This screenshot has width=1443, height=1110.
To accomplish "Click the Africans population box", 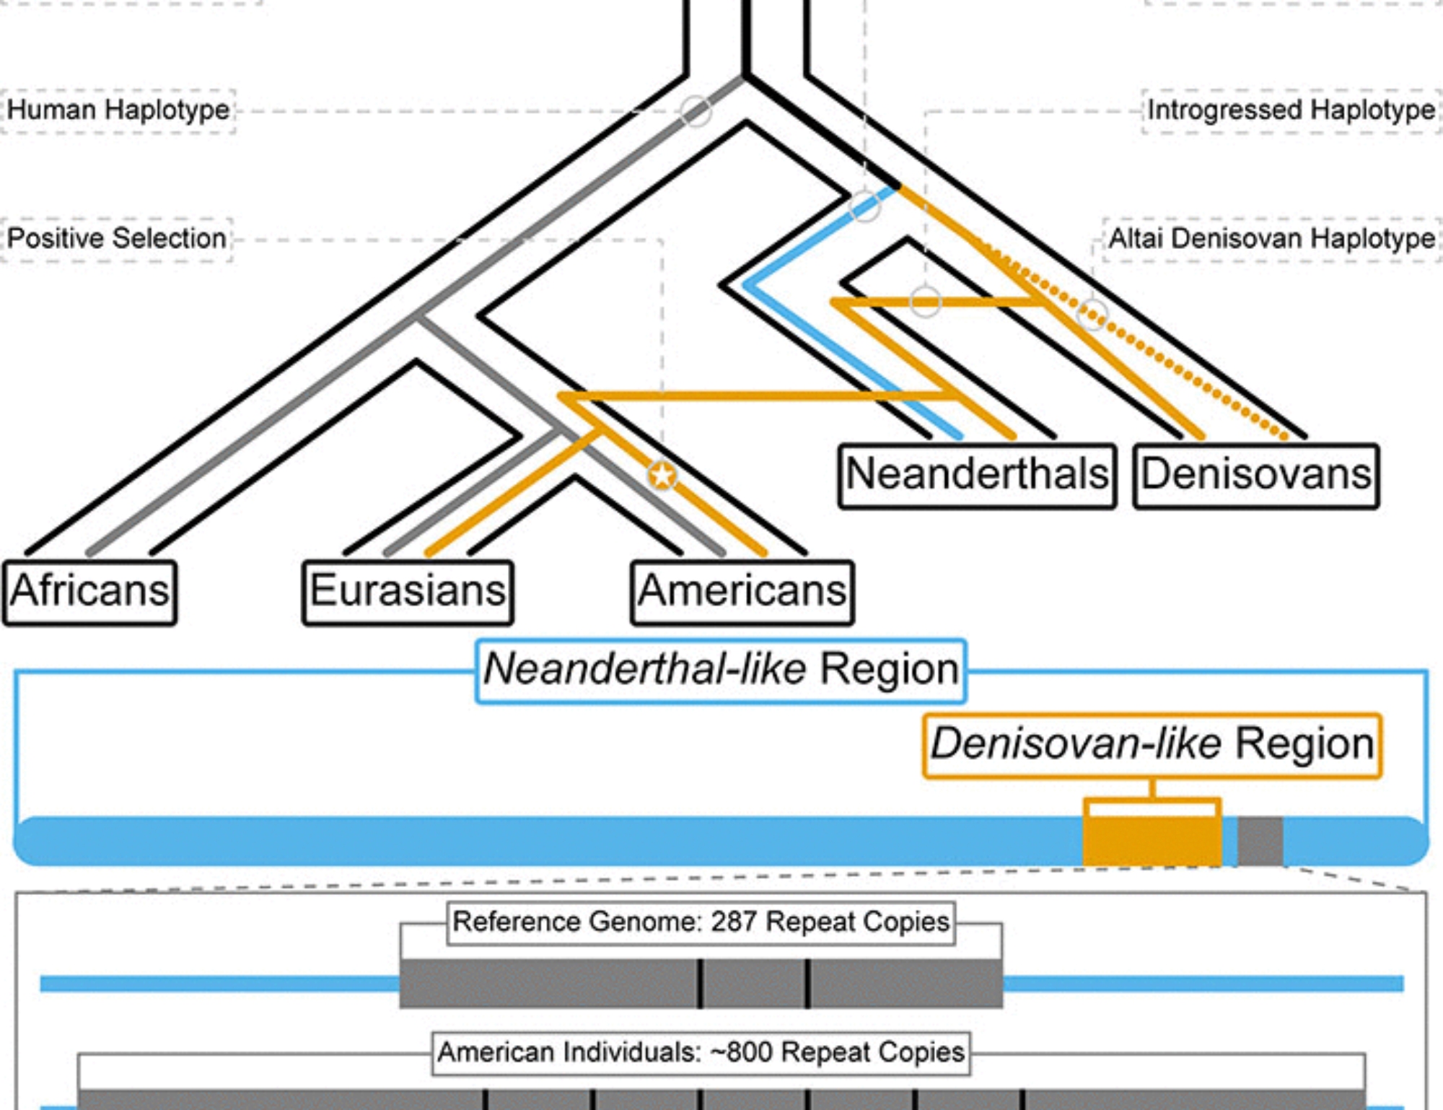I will pos(90,592).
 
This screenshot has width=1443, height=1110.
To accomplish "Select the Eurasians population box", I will pos(408,592).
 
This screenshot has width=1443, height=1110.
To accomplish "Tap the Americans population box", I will pos(742,592).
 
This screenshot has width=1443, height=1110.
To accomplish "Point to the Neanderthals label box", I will pos(977,476).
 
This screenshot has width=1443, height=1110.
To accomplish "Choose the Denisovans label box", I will pos(1256,476).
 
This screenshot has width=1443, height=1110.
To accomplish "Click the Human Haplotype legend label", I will pos(118,110).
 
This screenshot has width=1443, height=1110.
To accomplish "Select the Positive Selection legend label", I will pos(117,239).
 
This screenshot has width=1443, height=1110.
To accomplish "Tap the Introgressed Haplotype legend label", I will pos(1291,110).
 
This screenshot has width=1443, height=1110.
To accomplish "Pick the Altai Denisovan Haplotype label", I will pos(1271,239).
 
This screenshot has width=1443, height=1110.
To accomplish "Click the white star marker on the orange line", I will pos(662,476).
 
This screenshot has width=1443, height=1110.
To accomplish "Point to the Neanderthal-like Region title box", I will pos(721,670).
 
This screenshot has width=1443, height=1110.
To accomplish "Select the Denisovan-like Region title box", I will pos(1152,745).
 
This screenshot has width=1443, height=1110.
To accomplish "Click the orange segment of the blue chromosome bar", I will pos(1152,842).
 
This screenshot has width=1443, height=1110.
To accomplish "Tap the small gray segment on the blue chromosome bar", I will pos(1260,842).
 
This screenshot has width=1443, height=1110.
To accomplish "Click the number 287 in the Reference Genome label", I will pos(734,922).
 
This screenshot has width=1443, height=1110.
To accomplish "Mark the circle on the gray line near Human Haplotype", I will pos(696,110).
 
